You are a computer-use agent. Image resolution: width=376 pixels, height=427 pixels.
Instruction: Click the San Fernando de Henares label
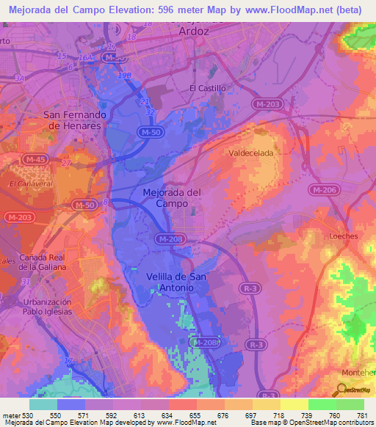click(76, 120)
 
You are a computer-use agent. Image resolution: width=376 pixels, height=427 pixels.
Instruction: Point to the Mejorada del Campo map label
click(170, 197)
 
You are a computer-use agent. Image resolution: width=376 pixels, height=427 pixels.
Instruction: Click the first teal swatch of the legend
click(43, 404)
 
